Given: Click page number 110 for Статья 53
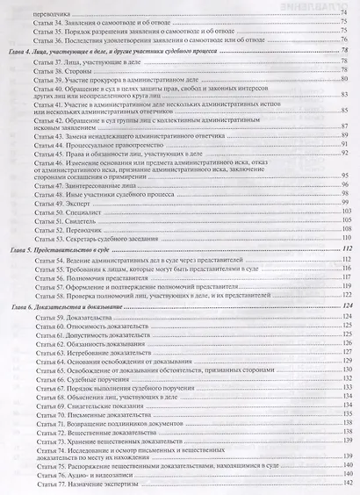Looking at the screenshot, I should pos(346,240).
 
